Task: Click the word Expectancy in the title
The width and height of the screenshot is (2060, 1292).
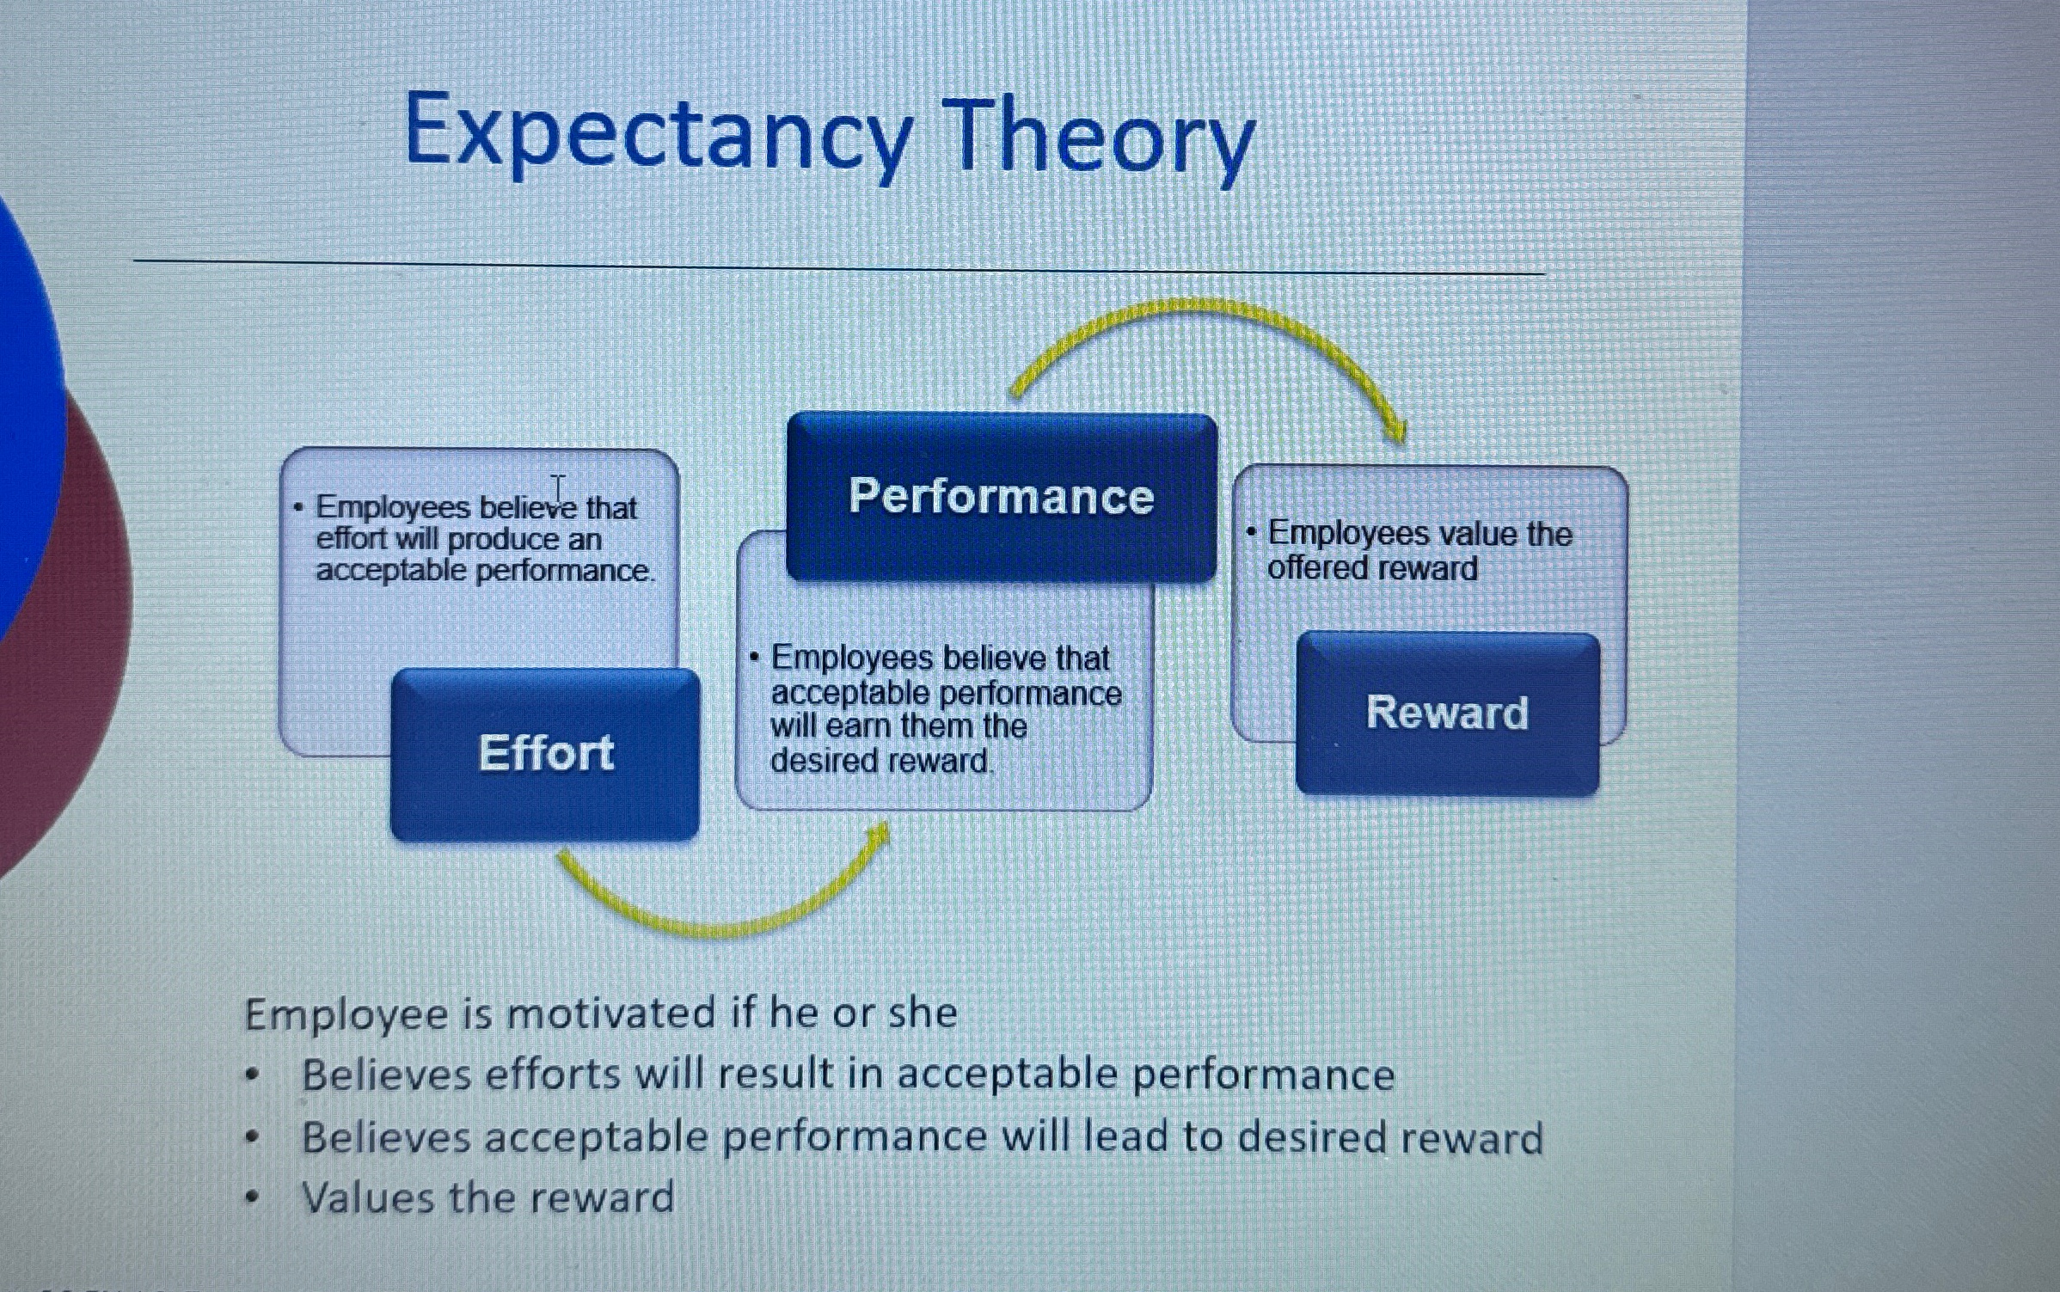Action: pos(658,134)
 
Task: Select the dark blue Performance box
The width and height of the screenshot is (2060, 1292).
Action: pos(1002,497)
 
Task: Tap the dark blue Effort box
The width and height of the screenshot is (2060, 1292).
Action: pos(545,754)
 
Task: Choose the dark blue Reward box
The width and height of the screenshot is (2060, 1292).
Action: pos(1447,713)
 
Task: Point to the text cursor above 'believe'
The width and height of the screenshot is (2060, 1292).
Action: pos(559,489)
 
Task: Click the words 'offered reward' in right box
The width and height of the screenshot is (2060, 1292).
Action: pos(1372,568)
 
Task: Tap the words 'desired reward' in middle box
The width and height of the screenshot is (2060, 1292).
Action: pos(880,761)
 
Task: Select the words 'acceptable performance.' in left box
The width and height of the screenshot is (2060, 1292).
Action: pos(484,571)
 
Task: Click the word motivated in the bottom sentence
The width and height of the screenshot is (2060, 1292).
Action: pos(610,1013)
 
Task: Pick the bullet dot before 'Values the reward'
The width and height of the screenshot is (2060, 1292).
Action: pos(251,1197)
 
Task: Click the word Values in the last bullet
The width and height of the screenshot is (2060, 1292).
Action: pos(368,1197)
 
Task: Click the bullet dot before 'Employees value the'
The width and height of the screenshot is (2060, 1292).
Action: pos(1252,533)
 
